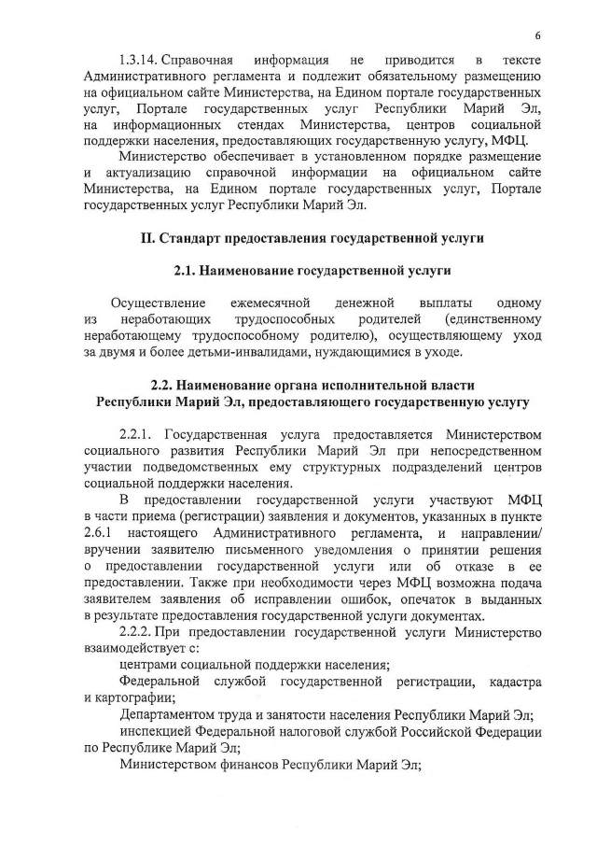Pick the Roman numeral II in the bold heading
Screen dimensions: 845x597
pos(146,238)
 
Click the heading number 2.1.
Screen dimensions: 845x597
pos(187,271)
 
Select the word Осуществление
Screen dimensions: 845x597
pos(159,303)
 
